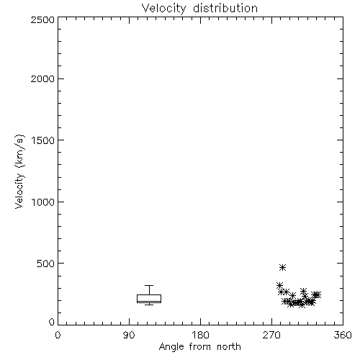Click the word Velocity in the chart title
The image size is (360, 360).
tap(163, 9)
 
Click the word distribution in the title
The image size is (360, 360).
tap(225, 8)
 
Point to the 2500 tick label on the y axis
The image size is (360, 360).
tap(42, 19)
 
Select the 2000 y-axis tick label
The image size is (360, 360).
tap(42, 78)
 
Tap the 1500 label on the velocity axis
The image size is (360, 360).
tap(43, 140)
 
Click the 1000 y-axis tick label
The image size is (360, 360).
tap(43, 202)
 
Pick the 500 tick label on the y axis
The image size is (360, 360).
tap(46, 264)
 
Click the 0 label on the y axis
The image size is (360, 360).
tap(52, 322)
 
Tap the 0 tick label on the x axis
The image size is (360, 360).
tap(58, 335)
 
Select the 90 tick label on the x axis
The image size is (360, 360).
tap(129, 335)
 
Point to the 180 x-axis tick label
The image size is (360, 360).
tap(200, 335)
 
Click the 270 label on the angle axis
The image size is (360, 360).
tap(271, 335)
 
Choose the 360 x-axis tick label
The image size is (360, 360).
tap(343, 335)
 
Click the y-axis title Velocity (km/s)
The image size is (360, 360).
tap(19, 171)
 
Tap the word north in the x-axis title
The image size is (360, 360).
tap(229, 347)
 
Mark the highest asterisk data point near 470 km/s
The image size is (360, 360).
tap(283, 267)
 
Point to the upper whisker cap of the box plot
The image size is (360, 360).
tap(149, 285)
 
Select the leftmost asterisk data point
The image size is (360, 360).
tap(279, 285)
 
